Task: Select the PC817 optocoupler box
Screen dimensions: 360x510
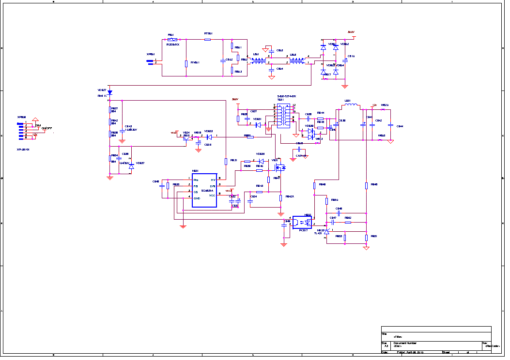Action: click(x=302, y=223)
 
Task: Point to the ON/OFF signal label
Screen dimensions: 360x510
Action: click(x=47, y=128)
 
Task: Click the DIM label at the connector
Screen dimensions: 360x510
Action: click(x=38, y=125)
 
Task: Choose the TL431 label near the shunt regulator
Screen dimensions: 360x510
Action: click(x=319, y=233)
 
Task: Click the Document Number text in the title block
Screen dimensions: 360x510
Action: click(x=404, y=343)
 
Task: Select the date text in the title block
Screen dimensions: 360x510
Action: click(x=410, y=352)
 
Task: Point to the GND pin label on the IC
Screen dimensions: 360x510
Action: click(x=197, y=198)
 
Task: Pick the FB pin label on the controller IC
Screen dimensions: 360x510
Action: click(x=195, y=186)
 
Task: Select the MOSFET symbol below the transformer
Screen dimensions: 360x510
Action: click(x=279, y=167)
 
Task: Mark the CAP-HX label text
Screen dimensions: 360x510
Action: click(x=302, y=156)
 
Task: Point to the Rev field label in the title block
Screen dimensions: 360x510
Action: click(x=484, y=343)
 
